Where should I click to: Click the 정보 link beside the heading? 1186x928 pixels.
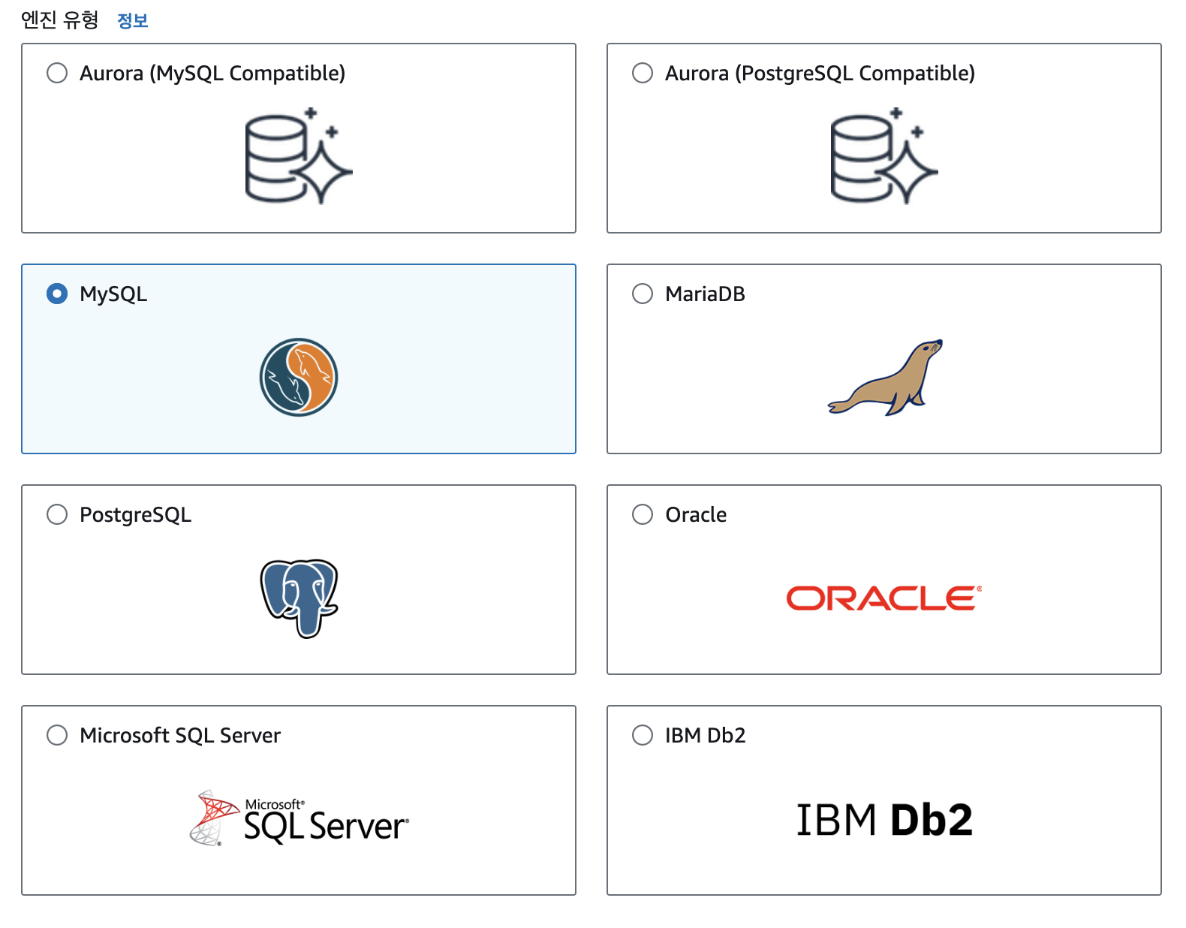coord(132,20)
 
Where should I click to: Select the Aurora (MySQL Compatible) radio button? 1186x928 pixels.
coord(57,73)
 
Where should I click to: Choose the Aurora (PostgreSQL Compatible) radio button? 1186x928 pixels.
coord(643,73)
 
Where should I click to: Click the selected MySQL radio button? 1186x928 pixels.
coord(57,294)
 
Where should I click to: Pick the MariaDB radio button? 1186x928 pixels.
coord(643,294)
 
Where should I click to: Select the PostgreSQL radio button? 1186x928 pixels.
coord(57,514)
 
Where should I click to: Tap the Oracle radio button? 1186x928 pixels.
coord(643,514)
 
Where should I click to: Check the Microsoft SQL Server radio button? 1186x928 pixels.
coord(57,735)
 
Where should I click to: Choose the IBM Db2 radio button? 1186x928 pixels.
coord(643,735)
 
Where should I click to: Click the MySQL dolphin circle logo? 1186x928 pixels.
coord(299,377)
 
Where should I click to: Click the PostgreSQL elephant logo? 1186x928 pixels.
coord(300,598)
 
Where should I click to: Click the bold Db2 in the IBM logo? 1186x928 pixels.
coord(932,819)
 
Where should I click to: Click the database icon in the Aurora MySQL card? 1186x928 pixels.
coord(298,156)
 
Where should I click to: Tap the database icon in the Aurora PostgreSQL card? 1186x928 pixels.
coord(883,156)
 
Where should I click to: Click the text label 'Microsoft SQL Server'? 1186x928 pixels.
coord(180,735)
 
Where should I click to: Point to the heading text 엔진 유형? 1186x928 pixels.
coord(60,20)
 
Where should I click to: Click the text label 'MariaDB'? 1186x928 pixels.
coord(705,294)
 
